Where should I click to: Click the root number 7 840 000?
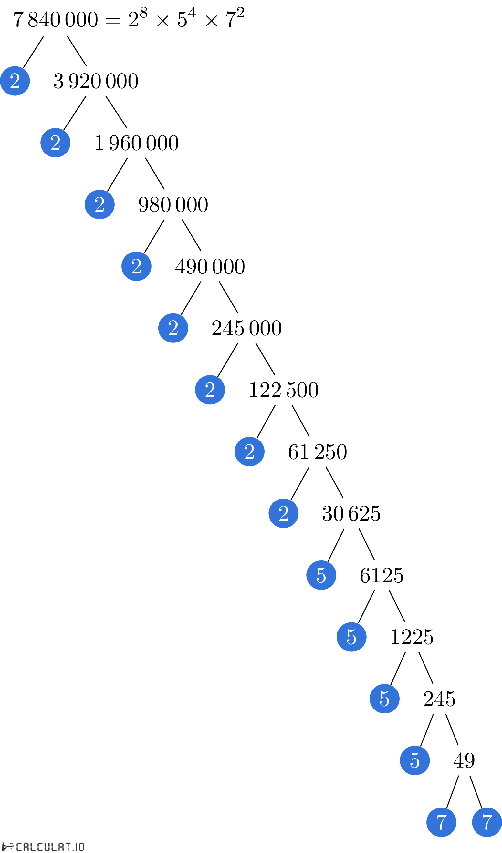pyautogui.click(x=56, y=19)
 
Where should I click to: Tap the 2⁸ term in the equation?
pyautogui.click(x=138, y=18)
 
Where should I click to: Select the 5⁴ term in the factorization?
pyautogui.click(x=186, y=18)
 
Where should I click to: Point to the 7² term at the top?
pyautogui.click(x=235, y=18)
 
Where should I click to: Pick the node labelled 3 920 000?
pyautogui.click(x=96, y=81)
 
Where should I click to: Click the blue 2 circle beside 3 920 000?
pyautogui.click(x=15, y=81)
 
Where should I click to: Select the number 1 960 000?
pyautogui.click(x=137, y=143)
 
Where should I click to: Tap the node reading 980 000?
pyautogui.click(x=173, y=205)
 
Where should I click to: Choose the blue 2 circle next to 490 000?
pyautogui.click(x=136, y=266)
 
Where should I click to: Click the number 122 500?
pyautogui.click(x=284, y=390)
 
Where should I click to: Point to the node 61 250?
pyautogui.click(x=318, y=452)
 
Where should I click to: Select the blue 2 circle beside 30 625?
pyautogui.click(x=283, y=513)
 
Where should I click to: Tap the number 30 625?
pyautogui.click(x=351, y=513)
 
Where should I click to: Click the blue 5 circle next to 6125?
pyautogui.click(x=321, y=575)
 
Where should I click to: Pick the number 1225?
pyautogui.click(x=412, y=637)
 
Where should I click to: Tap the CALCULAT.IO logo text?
pyautogui.click(x=50, y=847)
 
